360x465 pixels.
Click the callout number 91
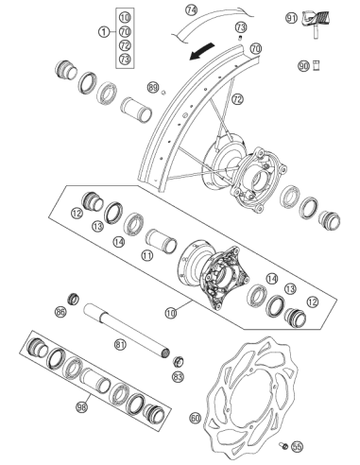291,18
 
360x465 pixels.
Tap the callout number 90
303,66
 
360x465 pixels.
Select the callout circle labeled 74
191,10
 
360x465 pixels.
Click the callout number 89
153,87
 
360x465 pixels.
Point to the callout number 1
104,32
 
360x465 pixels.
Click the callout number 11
146,255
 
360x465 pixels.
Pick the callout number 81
120,344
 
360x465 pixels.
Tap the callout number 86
60,312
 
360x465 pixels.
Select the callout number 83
179,376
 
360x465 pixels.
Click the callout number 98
81,407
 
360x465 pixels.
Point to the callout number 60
196,419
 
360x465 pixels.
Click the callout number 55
297,446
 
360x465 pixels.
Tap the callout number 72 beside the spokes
237,99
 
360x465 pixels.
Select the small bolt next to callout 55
283,445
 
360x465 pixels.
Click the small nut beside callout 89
163,92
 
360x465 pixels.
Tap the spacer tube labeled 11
161,241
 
